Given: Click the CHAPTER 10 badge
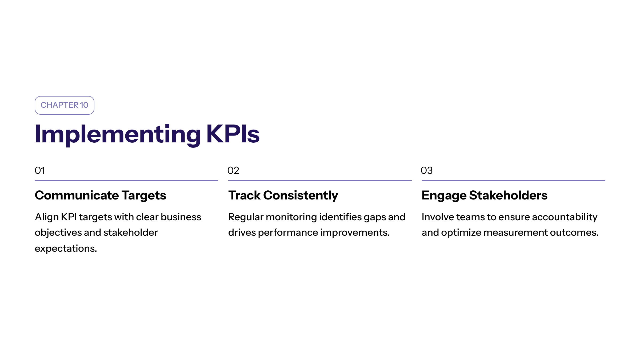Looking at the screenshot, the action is [64, 105].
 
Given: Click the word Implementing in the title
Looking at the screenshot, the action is [118, 135].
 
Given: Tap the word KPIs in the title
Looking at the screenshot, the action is [233, 134].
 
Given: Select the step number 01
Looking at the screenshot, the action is [40, 171].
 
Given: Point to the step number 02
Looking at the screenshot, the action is [233, 171].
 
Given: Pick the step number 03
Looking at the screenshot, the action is [426, 171].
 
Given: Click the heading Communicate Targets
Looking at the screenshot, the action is [100, 196].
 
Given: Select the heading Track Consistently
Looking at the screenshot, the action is [283, 196].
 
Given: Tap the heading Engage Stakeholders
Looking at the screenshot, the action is [485, 196].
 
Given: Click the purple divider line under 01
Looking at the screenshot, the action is [126, 181].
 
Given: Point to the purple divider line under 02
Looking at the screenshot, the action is [320, 181].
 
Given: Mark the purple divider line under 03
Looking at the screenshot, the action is [514, 181].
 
